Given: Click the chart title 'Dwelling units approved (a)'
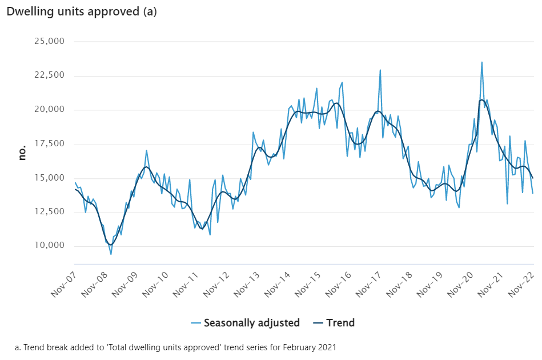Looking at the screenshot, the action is coord(82,11).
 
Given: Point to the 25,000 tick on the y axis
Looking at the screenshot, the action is coord(50,41).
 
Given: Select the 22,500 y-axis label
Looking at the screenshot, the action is coord(50,75).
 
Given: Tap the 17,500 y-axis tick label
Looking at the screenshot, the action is coord(50,143).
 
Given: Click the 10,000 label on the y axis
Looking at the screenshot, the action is coord(50,246).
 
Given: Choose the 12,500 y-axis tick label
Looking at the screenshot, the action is coord(50,211).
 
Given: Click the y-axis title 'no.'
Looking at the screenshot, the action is coord(22,153).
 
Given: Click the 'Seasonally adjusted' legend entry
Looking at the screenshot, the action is coord(246,323).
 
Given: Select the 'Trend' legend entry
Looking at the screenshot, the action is coord(334,323).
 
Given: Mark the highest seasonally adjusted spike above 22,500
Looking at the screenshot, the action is coord(482,63).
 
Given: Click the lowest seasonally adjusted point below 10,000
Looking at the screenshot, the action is coord(111,254).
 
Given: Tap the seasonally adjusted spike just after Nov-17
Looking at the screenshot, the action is coord(380,70).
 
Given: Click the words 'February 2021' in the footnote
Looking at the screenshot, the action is coord(310,347).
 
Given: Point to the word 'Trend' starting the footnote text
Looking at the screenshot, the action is coord(33,347).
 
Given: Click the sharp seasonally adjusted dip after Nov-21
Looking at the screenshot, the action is coord(507,203).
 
